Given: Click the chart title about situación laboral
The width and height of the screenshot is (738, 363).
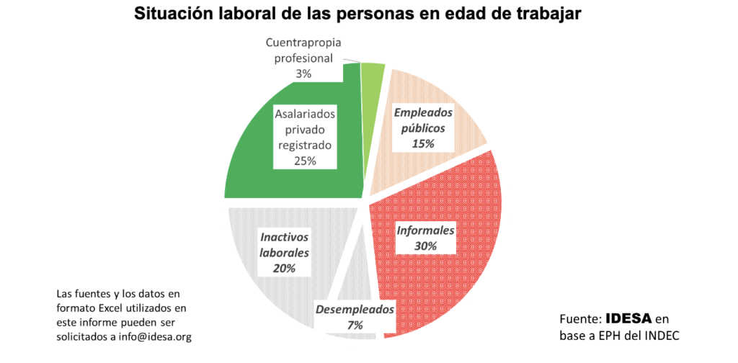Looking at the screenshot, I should click(x=357, y=14).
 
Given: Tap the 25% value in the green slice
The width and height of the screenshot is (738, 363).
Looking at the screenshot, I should click(x=305, y=161).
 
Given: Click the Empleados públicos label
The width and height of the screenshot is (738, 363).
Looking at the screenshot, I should click(x=423, y=121).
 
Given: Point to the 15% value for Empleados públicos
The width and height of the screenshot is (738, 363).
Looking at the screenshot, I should click(x=423, y=144).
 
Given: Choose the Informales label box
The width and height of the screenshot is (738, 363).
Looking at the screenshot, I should click(x=425, y=238).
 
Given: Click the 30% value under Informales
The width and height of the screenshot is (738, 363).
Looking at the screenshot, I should click(x=425, y=246).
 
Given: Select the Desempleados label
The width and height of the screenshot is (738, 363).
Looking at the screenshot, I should click(x=355, y=310).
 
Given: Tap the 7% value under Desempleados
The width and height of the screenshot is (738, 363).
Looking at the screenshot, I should click(x=355, y=326).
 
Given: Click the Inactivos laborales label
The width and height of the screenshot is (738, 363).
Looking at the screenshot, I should click(x=285, y=245).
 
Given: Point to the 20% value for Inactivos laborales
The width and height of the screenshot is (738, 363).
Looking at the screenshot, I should click(x=285, y=269).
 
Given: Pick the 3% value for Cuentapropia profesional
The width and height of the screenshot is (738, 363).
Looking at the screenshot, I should click(x=303, y=73).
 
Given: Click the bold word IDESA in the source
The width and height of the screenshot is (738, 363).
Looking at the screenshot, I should click(x=628, y=318).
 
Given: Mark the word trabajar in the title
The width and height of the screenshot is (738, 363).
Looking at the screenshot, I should click(x=549, y=14).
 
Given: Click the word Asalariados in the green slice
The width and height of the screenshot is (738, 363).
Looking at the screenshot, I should click(x=306, y=115).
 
